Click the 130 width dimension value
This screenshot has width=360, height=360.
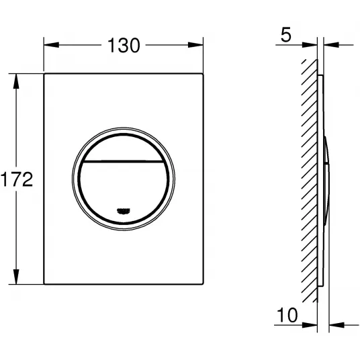tap(124, 45)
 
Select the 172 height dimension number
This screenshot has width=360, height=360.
tap(17, 179)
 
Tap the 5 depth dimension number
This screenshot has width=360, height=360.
tap(286, 35)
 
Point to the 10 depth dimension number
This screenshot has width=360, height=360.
tap(287, 315)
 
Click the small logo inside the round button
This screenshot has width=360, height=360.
tap(124, 211)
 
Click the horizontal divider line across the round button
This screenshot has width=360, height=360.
tap(124, 161)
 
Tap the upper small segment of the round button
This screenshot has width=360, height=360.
tap(124, 148)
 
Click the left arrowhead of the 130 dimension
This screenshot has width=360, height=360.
tap(52, 45)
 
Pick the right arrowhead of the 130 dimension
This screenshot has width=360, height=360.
tap(195, 45)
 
